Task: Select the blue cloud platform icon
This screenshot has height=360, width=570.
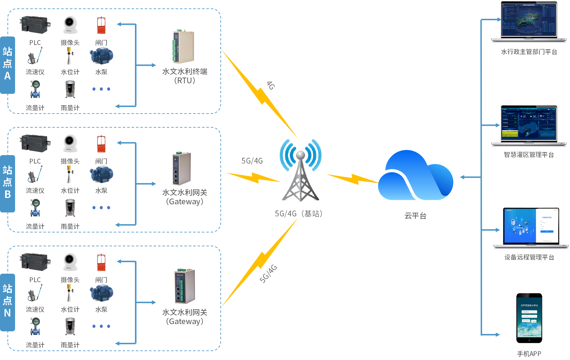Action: pyautogui.click(x=415, y=177)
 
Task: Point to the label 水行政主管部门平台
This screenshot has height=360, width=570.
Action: pyautogui.click(x=529, y=52)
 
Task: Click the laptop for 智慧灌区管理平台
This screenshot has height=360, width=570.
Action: pyautogui.click(x=529, y=126)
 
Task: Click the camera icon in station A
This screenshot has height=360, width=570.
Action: pyautogui.click(x=70, y=25)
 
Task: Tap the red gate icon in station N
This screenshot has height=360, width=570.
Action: pyautogui.click(x=101, y=262)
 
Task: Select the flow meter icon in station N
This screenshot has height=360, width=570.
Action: pyautogui.click(x=35, y=326)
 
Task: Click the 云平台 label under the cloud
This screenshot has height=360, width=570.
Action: pyautogui.click(x=415, y=216)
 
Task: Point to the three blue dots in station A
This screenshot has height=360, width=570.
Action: pyautogui.click(x=101, y=89)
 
